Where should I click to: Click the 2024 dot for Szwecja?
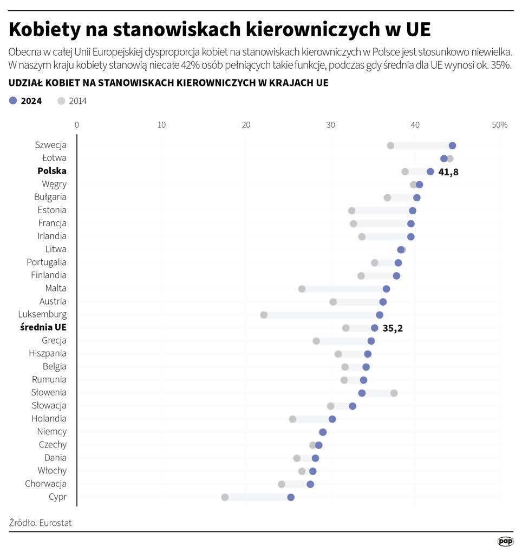[452, 146]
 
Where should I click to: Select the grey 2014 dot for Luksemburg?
[264, 315]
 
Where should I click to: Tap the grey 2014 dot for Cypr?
[225, 497]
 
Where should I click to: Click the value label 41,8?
[448, 172]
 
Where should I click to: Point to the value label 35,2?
[393, 328]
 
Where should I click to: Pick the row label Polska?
[52, 171]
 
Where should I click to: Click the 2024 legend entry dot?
[14, 101]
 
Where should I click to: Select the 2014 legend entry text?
[77, 101]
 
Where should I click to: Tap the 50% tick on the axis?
[499, 125]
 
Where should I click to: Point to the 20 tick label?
[246, 125]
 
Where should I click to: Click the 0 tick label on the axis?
[77, 125]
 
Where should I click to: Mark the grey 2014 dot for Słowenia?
[394, 393]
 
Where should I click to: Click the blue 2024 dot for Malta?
[386, 289]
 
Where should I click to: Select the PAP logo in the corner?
[505, 541]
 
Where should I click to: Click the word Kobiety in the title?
[43, 30]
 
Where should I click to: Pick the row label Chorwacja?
[46, 484]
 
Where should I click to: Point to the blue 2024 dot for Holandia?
[332, 419]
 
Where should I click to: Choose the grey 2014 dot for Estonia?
[351, 210]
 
